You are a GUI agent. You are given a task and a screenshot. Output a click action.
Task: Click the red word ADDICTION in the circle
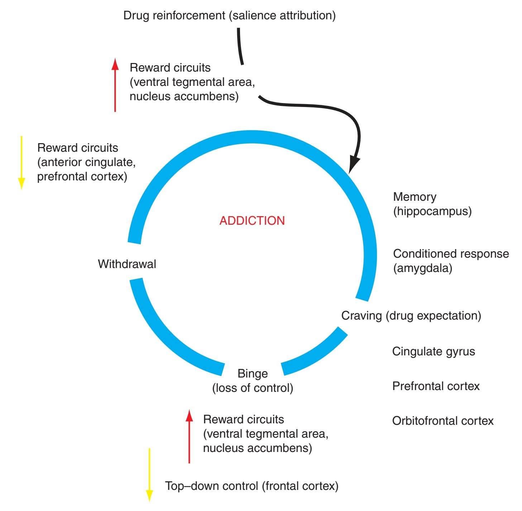click(x=252, y=220)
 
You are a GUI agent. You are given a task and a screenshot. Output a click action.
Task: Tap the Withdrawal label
click(x=127, y=264)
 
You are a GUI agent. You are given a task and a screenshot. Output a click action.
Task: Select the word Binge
click(x=253, y=374)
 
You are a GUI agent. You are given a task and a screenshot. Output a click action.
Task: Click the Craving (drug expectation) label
click(x=411, y=316)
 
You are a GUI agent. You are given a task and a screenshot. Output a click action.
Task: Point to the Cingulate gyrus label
click(x=434, y=351)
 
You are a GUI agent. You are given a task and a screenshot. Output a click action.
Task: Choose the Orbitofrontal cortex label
click(x=443, y=421)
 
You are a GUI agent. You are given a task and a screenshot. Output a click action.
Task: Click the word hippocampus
click(x=432, y=211)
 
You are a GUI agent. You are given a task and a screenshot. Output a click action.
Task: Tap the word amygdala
click(x=423, y=268)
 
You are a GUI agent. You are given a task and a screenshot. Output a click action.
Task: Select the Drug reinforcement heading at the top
click(x=229, y=15)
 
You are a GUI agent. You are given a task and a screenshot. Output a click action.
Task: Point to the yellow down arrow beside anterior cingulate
click(x=21, y=163)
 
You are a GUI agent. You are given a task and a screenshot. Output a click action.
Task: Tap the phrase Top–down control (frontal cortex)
click(x=252, y=486)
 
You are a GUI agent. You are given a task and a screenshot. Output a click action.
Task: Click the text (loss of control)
click(x=253, y=388)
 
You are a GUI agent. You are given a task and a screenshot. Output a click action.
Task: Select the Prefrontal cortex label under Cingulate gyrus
click(x=436, y=386)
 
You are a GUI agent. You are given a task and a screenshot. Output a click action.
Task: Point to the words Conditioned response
click(x=451, y=254)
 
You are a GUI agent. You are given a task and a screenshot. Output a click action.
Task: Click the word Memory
click(x=415, y=197)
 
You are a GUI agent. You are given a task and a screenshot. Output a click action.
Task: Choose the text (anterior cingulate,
click(x=86, y=162)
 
